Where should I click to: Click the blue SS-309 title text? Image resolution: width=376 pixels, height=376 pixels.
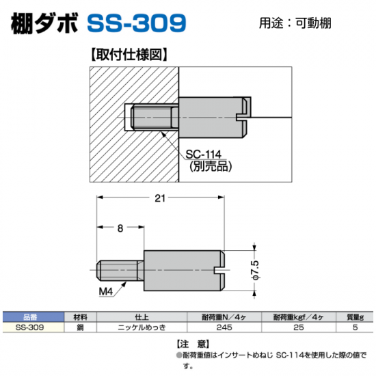coord(137,23)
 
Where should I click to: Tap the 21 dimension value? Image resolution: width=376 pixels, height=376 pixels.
coord(160,198)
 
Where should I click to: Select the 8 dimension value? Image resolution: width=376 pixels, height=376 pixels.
coord(120,228)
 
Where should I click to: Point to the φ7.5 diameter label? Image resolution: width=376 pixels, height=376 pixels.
coord(256,270)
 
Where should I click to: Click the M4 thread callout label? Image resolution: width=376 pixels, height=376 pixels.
coord(106,292)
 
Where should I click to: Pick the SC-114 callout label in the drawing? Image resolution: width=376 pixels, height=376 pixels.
coord(203,155)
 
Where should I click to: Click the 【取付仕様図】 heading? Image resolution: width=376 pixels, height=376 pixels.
coord(129,55)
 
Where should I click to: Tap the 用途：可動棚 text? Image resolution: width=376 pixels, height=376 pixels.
coord(295,23)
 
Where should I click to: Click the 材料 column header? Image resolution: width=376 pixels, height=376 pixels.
coord(81,317)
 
